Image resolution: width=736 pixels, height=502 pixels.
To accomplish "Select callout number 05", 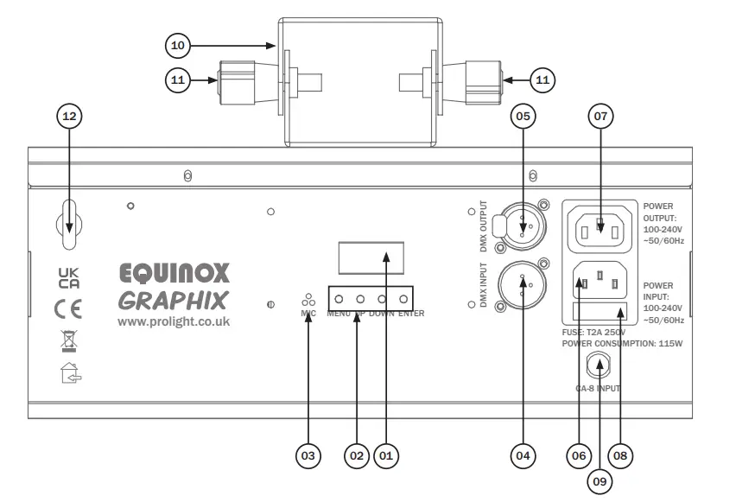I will pyautogui.click(x=521, y=115).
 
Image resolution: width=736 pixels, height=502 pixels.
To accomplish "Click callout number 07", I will pyautogui.click(x=602, y=115).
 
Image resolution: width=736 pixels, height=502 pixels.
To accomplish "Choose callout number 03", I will pyautogui.click(x=308, y=454).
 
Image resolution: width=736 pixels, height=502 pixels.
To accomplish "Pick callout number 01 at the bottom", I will pyautogui.click(x=386, y=454).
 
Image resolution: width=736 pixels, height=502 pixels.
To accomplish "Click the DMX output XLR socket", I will pyautogui.click(x=523, y=226).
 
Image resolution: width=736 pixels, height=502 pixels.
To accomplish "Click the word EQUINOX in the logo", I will pyautogui.click(x=174, y=273).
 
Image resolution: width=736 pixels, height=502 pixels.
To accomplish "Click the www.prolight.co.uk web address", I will pyautogui.click(x=174, y=321).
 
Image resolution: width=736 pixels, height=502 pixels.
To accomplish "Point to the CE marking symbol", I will pyautogui.click(x=67, y=308).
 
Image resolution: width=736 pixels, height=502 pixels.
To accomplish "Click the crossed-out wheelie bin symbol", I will pyautogui.click(x=68, y=340).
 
